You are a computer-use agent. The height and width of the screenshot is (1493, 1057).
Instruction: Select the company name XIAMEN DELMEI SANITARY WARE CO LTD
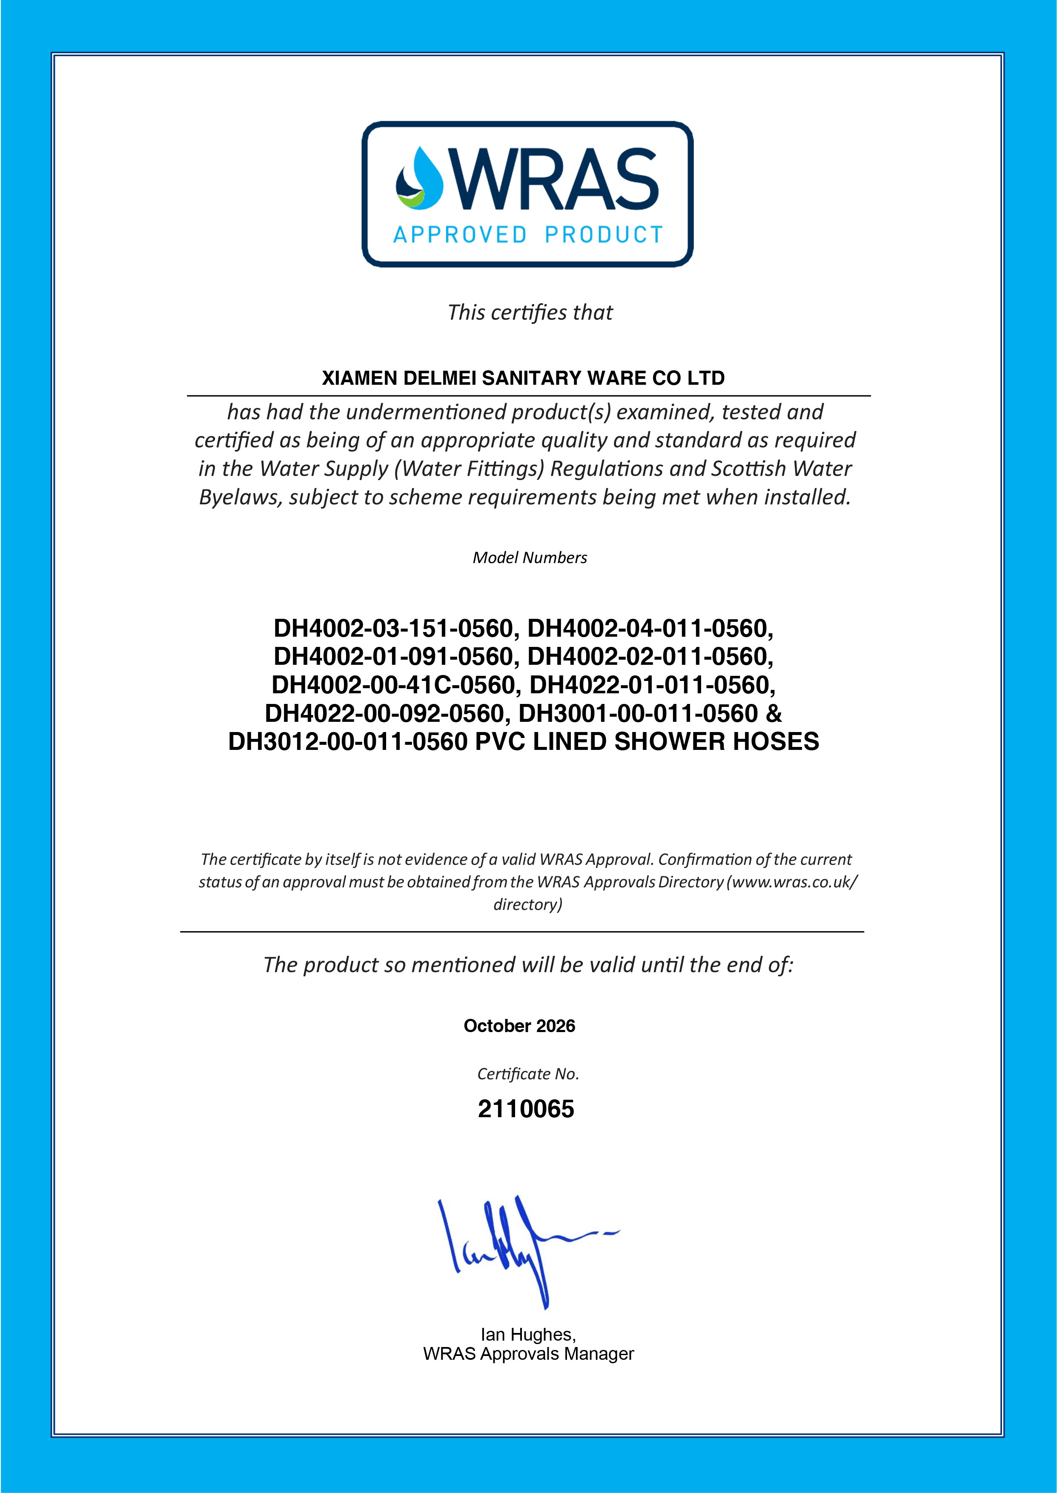[x=523, y=379]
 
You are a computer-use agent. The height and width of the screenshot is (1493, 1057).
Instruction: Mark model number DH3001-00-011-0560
[x=638, y=714]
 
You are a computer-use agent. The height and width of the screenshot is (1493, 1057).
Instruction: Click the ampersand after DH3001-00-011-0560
[x=774, y=714]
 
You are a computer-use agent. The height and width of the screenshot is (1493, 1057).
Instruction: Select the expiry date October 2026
[x=519, y=1026]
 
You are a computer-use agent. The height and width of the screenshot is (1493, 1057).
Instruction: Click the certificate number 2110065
[x=526, y=1109]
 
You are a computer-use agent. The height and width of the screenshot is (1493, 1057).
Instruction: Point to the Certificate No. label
[x=528, y=1074]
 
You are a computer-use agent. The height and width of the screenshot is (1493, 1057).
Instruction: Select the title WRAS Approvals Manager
[x=528, y=1354]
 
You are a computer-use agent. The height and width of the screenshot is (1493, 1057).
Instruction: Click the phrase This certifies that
[x=530, y=313]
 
